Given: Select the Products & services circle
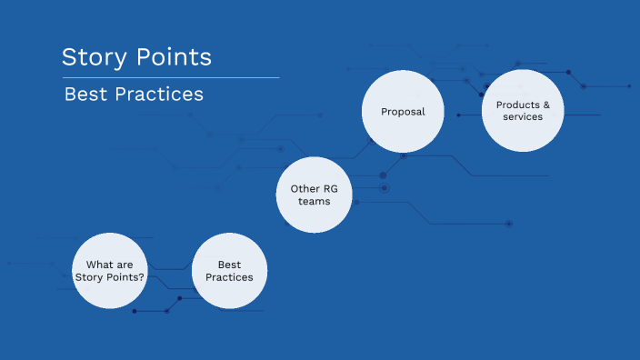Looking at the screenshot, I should point(523,111).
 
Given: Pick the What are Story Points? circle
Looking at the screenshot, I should point(110,270).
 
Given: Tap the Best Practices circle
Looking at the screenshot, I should point(229,270).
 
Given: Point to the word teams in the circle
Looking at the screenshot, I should point(314,201).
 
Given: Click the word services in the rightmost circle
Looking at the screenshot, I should point(523,116).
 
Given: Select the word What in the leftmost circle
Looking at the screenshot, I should point(98,264).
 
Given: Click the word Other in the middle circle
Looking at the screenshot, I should point(304,188).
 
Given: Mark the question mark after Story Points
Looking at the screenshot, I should point(142,276).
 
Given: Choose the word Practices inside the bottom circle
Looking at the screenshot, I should point(229,276).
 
